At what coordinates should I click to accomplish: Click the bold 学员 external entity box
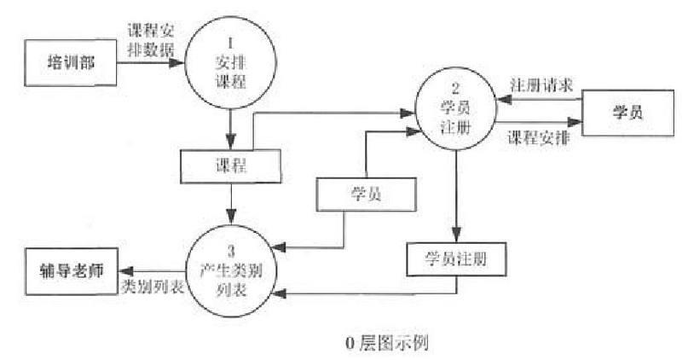pos(627,113)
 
